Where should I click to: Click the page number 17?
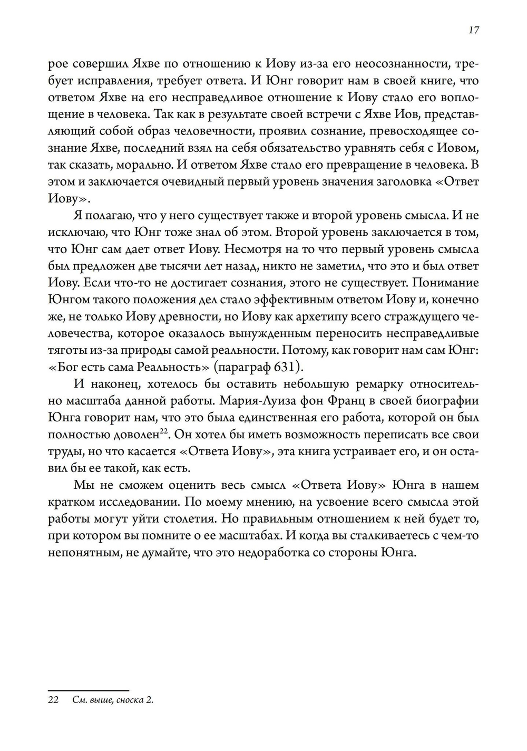tap(473, 30)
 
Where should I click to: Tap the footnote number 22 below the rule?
tap(53, 700)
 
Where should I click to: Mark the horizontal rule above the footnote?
tap(89, 690)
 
